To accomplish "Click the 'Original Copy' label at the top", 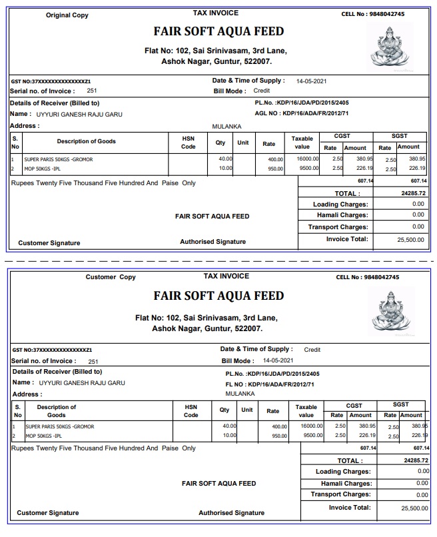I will tap(67, 15).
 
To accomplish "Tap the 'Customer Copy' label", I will tap(111, 277).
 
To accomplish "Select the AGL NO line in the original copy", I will tap(302, 113).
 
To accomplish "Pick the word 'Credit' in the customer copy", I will tap(312, 349).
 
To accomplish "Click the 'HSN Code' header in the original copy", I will tap(189, 143).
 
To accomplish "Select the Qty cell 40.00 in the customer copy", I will tap(229, 425).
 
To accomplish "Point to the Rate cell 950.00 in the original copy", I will tap(275, 169).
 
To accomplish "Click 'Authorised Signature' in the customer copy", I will tap(231, 513).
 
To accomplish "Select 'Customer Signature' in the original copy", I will tap(49, 243).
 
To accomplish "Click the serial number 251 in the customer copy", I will tap(93, 362).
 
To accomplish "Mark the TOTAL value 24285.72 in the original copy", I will tap(411, 193).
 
